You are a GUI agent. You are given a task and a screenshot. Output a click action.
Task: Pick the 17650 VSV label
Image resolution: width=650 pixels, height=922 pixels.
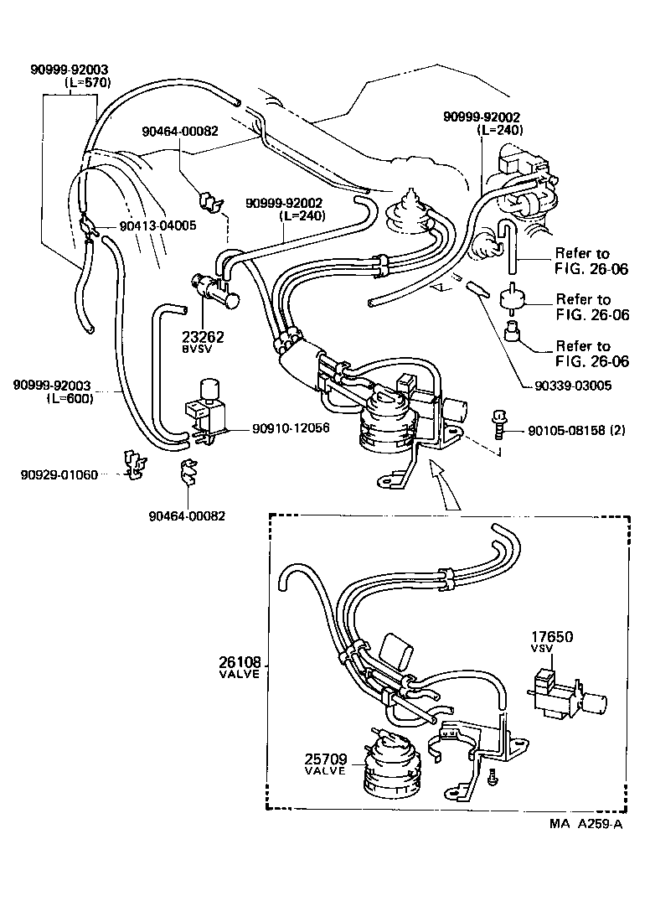[x=550, y=642]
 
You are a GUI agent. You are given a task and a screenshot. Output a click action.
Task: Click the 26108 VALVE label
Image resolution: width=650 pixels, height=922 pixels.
[x=240, y=666]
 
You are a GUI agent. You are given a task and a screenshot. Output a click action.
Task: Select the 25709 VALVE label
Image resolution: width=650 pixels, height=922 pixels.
[x=326, y=764]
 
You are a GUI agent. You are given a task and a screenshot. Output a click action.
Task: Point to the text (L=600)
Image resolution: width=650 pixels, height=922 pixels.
[x=70, y=398]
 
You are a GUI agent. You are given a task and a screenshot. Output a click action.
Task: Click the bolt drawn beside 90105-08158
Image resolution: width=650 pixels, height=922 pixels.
[x=499, y=423]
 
